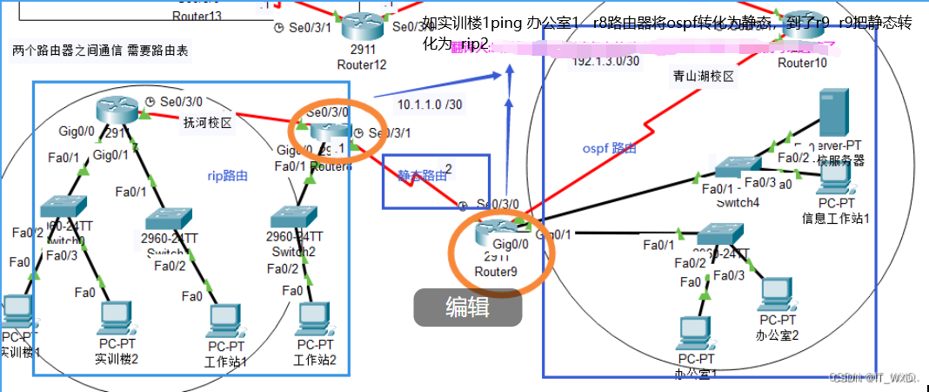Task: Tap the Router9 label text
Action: pyautogui.click(x=496, y=271)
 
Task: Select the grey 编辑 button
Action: pyautogui.click(x=467, y=307)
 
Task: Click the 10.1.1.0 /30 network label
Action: pyautogui.click(x=429, y=105)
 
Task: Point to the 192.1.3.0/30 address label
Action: pyautogui.click(x=606, y=61)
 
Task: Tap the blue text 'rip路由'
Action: pyautogui.click(x=229, y=176)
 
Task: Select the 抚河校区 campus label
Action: pyautogui.click(x=207, y=123)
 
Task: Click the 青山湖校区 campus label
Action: pyautogui.click(x=704, y=77)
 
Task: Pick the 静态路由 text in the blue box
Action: pyautogui.click(x=422, y=176)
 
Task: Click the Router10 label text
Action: pyautogui.click(x=802, y=63)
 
